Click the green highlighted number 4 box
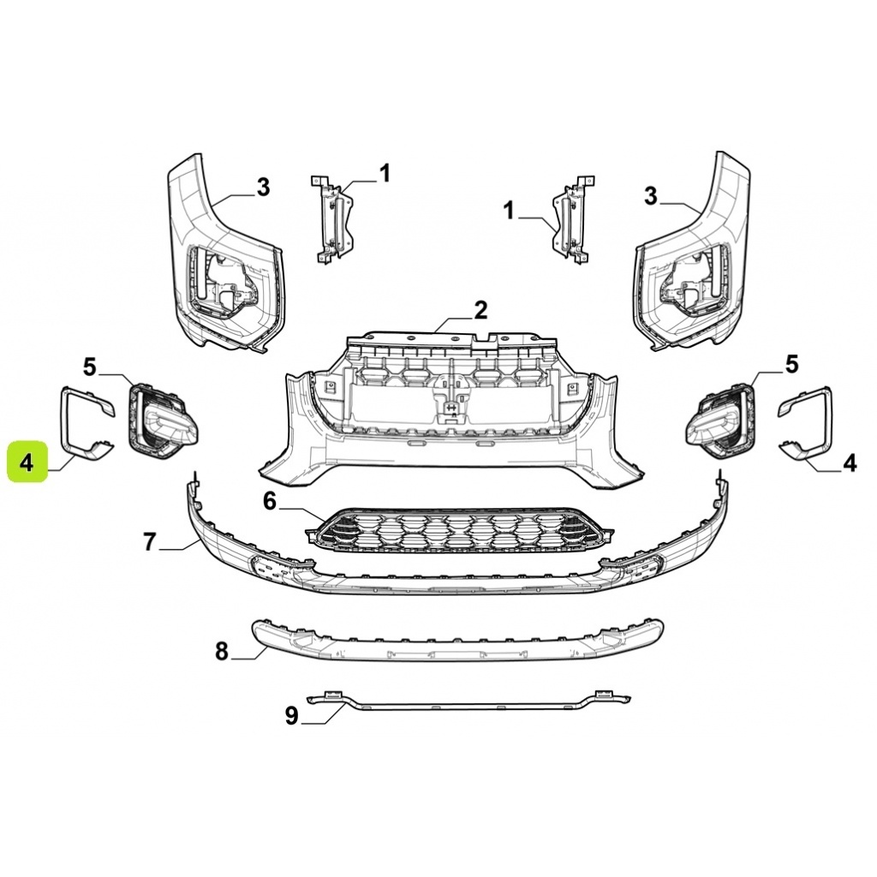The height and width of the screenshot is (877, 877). click(27, 462)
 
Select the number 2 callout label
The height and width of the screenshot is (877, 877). click(481, 310)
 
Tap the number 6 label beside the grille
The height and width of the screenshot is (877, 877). click(270, 502)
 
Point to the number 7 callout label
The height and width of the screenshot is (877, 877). click(149, 541)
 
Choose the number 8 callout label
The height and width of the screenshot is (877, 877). click(222, 651)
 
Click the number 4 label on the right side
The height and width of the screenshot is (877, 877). click(849, 463)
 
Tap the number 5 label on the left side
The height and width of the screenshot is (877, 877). click(89, 367)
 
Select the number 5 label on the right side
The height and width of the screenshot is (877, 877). click(791, 365)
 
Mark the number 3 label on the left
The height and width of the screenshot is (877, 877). click(263, 187)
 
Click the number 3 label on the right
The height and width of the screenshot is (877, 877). click(650, 196)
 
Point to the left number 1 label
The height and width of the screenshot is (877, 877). click(385, 173)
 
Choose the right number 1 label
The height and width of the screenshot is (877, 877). click(509, 212)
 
